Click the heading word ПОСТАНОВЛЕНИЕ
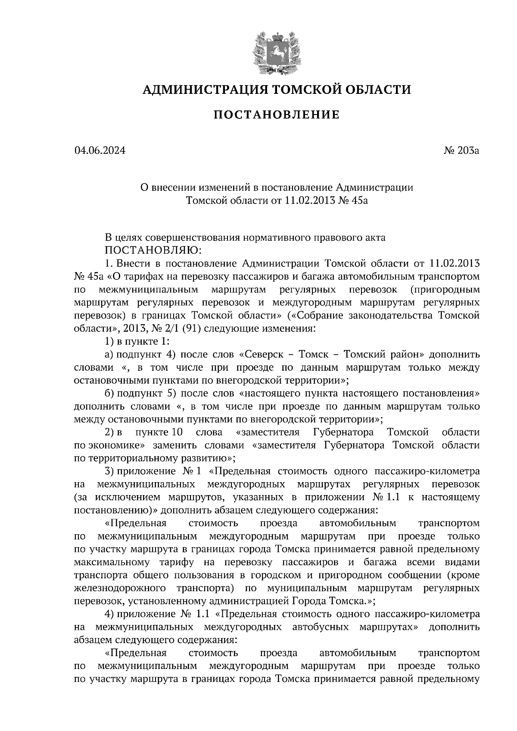pyautogui.click(x=277, y=115)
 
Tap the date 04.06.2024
pyautogui.click(x=100, y=151)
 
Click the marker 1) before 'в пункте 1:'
pyautogui.click(x=109, y=341)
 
